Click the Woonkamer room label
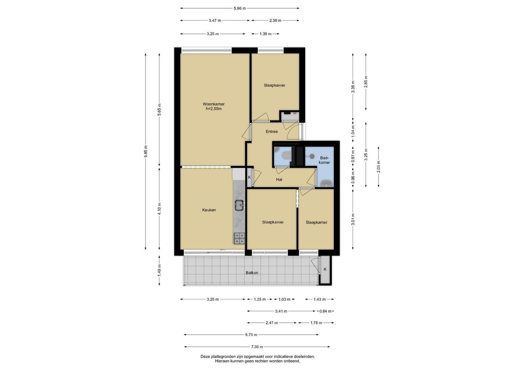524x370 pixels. point(213,104)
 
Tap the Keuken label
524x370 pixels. point(209,210)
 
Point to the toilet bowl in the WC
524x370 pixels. point(286,155)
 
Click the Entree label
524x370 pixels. point(271,132)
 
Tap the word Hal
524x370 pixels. point(279,180)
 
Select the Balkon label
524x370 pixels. point(252,273)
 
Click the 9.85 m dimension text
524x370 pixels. point(146,151)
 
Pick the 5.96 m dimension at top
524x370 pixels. point(240,9)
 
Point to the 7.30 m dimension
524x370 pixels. point(257,347)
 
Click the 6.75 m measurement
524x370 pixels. point(251,335)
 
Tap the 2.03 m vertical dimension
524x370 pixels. point(379,166)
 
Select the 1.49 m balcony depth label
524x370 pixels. point(159,270)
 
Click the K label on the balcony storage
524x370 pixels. point(325,269)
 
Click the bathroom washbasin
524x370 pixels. point(326,183)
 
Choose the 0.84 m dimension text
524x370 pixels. point(325,311)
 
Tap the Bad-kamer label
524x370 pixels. point(324,160)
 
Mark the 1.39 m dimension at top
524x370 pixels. point(266,34)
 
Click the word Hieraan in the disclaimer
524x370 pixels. point(223,361)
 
